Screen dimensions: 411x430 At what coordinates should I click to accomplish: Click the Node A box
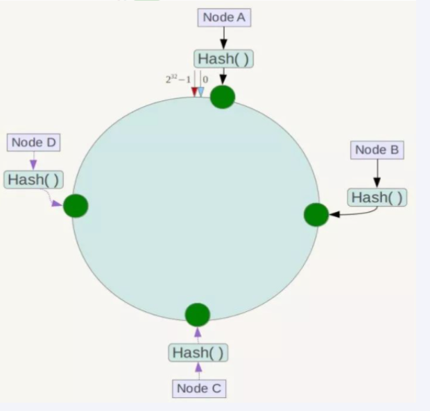[x=224, y=17]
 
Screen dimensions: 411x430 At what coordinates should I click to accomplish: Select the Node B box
[x=377, y=149]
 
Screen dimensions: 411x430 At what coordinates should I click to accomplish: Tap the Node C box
[x=198, y=388]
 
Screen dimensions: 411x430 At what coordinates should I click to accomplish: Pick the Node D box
[x=33, y=142]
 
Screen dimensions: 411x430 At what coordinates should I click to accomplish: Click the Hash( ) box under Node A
[x=223, y=58]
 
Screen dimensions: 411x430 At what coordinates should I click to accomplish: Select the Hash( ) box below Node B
[x=377, y=197]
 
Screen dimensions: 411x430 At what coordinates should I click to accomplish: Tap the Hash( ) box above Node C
[x=198, y=352]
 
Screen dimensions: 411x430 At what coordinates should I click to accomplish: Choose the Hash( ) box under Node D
[x=33, y=180]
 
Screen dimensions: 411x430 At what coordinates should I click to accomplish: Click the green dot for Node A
[x=223, y=96]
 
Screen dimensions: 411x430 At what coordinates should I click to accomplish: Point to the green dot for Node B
[x=316, y=215]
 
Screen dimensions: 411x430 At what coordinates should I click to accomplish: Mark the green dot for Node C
[x=198, y=315]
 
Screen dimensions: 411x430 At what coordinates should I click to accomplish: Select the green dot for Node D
[x=76, y=206]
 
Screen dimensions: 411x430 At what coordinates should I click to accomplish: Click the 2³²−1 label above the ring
[x=178, y=80]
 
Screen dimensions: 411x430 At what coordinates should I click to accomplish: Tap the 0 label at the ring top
[x=205, y=80]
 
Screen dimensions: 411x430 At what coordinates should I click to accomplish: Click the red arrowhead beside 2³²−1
[x=195, y=91]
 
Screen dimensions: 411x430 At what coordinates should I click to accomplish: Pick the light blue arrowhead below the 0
[x=201, y=91]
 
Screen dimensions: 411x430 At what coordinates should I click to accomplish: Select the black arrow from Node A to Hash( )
[x=223, y=38]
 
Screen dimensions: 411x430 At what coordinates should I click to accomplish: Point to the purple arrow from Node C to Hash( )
[x=198, y=370]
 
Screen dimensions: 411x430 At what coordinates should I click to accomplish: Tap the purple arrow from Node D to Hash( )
[x=33, y=160]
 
